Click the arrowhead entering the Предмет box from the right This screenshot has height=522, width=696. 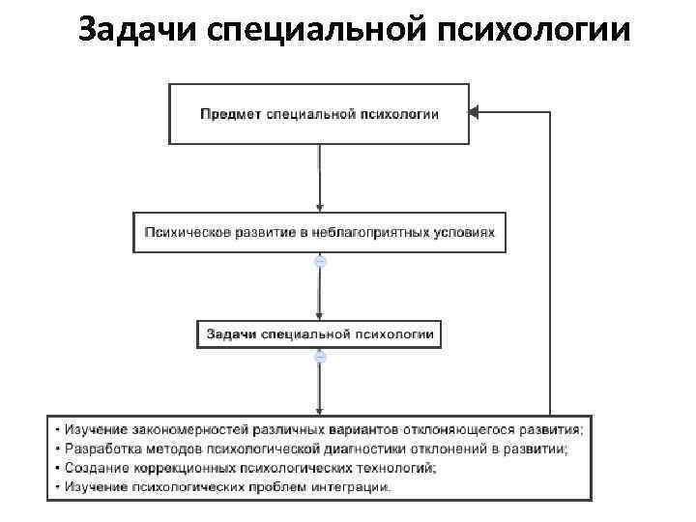coord(475,113)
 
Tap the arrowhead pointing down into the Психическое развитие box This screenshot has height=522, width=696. coord(319,208)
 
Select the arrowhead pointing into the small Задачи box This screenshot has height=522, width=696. coord(319,316)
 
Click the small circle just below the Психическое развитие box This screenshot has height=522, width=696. coord(320,261)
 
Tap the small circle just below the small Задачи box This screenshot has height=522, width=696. coord(320,357)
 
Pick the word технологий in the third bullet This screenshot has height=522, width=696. coord(398,468)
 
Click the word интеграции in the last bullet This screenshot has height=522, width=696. coord(355,487)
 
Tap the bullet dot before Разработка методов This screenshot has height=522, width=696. coord(59,449)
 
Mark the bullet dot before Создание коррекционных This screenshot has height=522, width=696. coord(59,468)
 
